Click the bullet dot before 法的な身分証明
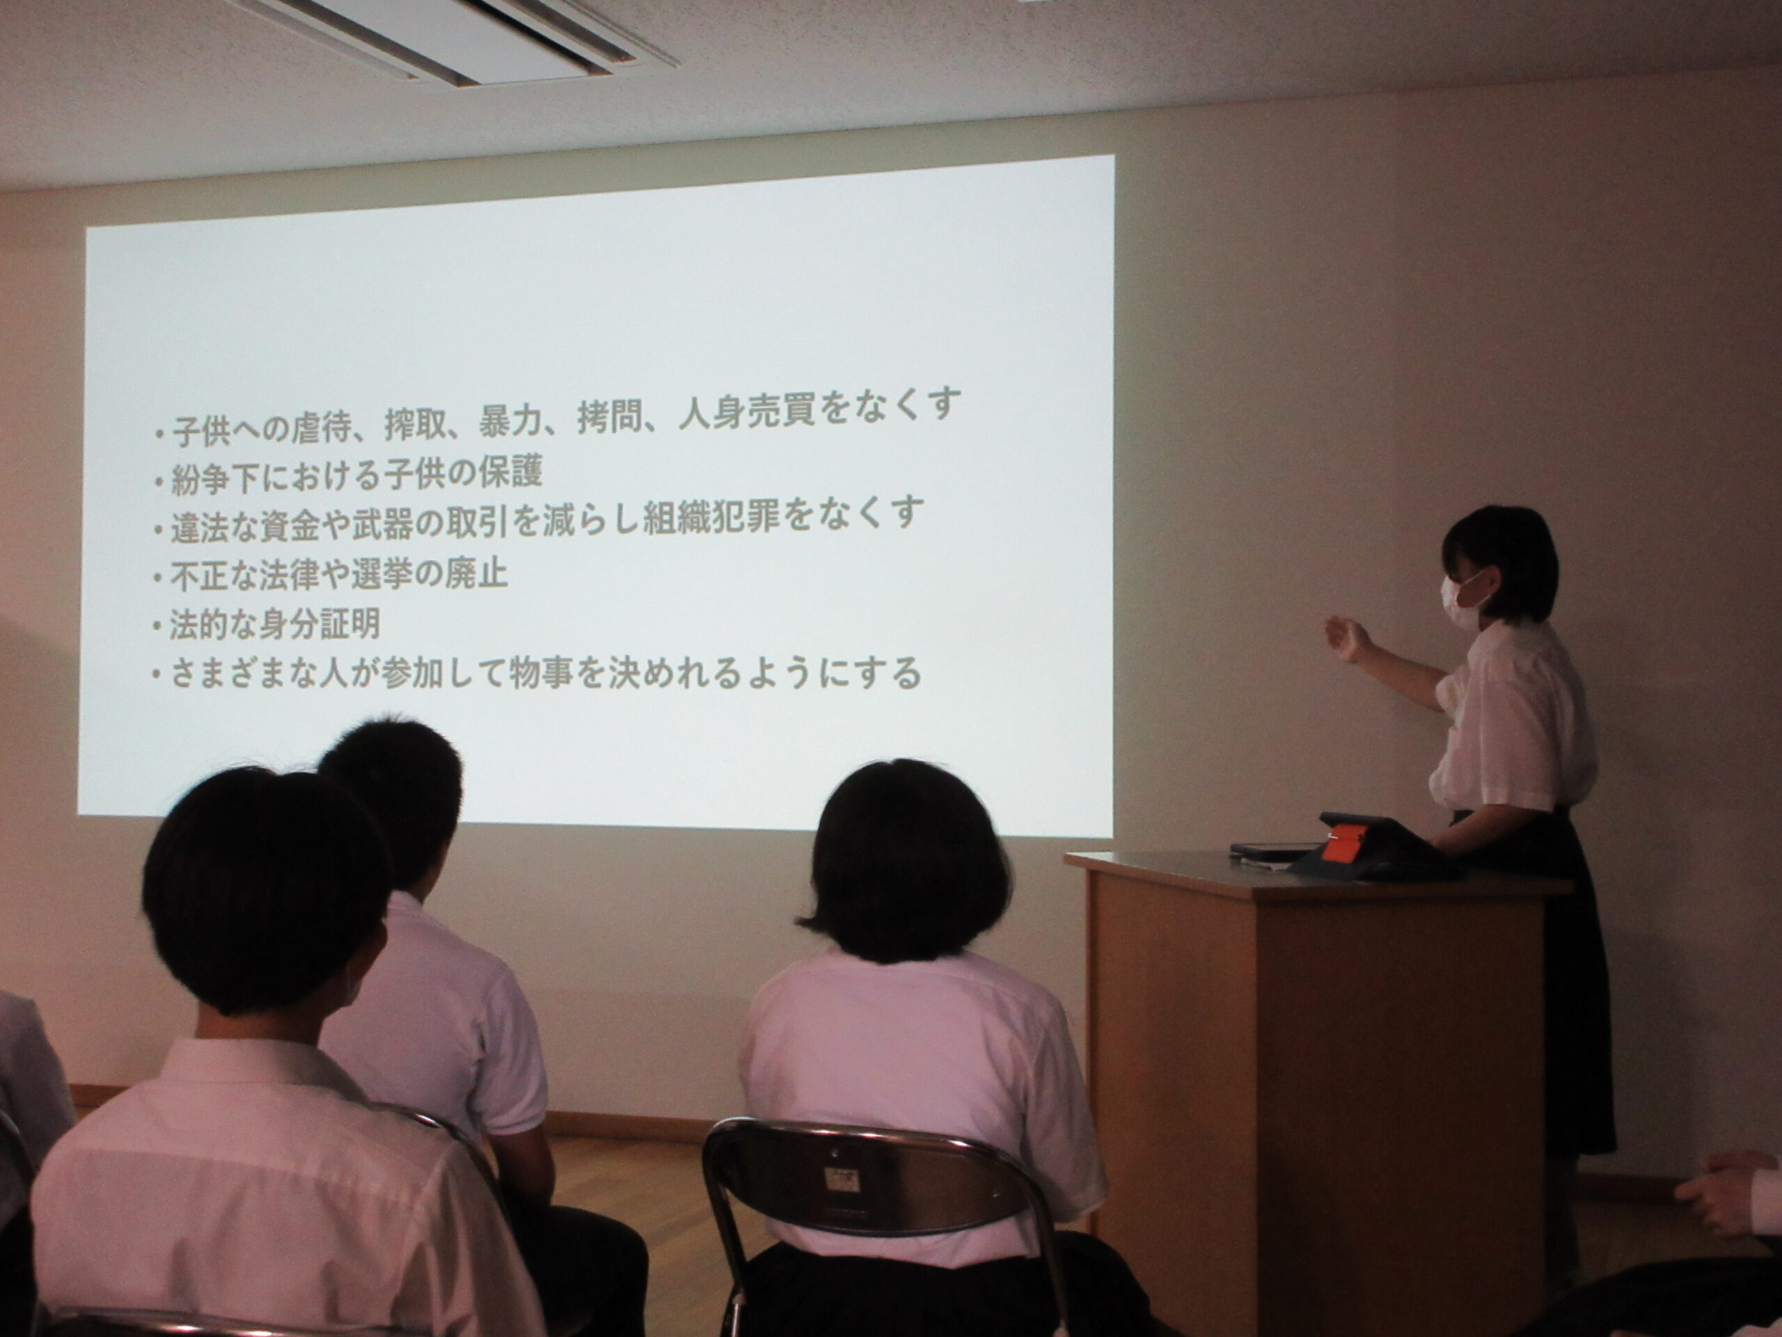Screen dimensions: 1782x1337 [157, 629]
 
